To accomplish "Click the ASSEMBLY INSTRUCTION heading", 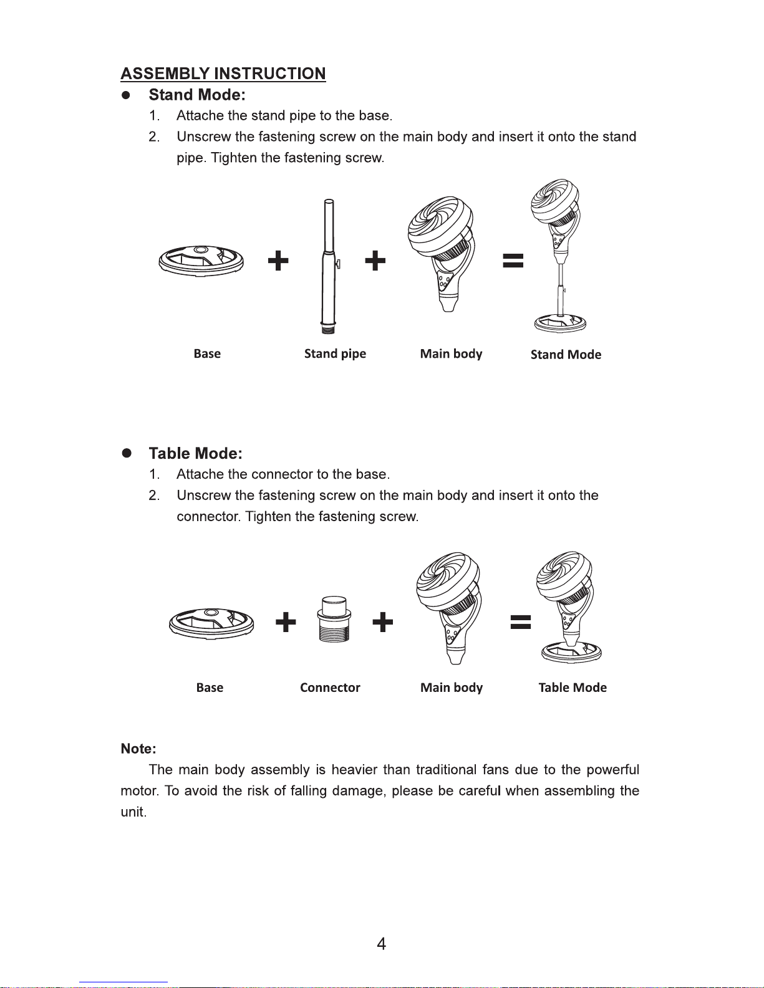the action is click(223, 73).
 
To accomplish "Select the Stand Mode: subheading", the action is click(197, 95).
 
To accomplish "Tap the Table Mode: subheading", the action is click(196, 453).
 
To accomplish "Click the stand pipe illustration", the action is click(328, 266).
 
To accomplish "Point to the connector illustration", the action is click(334, 618).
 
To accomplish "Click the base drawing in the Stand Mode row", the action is click(201, 261).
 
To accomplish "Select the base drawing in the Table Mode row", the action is click(211, 623).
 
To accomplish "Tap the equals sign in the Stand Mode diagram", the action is click(513, 261).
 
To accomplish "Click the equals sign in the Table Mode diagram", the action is click(521, 622).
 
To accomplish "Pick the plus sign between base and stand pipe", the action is click(278, 261).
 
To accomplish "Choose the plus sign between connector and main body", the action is click(382, 622).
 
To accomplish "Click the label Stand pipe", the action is click(335, 353).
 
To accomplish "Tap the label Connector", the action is click(330, 688).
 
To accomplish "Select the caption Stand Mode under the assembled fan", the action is click(566, 355).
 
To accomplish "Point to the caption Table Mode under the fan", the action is click(573, 688).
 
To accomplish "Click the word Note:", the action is click(138, 749).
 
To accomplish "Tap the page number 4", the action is click(382, 944).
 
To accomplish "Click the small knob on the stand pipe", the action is click(338, 264).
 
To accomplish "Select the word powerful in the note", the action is click(612, 770).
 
